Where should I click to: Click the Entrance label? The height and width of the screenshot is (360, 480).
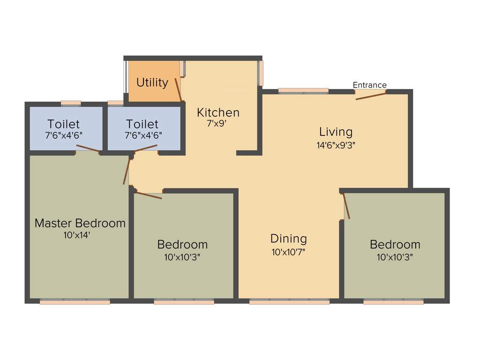(x=369, y=85)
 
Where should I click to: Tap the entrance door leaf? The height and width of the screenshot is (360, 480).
(x=371, y=95)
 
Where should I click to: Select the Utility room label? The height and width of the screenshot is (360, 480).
(x=152, y=82)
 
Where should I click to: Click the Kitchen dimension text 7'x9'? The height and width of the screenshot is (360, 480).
(x=217, y=123)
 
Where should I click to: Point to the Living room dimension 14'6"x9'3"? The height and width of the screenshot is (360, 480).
(x=336, y=145)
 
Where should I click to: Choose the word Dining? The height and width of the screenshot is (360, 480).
(x=288, y=239)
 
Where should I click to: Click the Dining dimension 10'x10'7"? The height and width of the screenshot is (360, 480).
(x=288, y=252)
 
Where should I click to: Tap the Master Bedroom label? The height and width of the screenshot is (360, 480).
(x=80, y=223)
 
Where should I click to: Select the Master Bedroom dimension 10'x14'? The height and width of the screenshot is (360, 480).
(x=76, y=235)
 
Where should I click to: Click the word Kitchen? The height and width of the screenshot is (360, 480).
(x=218, y=112)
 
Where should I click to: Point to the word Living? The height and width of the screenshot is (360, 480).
(x=336, y=132)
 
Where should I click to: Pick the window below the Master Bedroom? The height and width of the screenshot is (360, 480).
(x=75, y=302)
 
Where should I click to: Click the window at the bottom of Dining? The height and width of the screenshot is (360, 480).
(x=289, y=302)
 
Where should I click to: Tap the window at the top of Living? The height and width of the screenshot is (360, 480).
(x=303, y=91)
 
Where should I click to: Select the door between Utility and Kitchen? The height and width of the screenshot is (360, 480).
(x=178, y=90)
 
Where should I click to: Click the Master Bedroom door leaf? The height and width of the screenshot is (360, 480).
(x=126, y=171)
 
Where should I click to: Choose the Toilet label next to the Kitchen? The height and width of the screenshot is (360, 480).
(x=142, y=124)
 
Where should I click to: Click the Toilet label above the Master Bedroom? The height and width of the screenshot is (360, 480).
(x=64, y=124)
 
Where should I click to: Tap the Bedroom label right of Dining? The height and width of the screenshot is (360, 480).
(x=395, y=244)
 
